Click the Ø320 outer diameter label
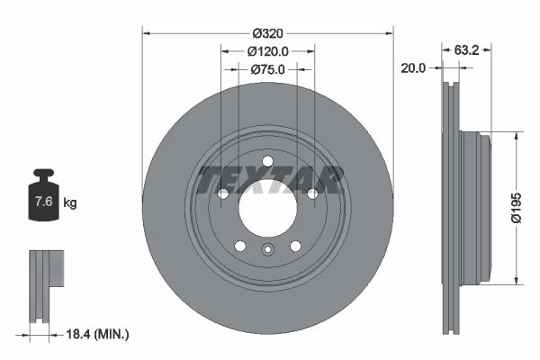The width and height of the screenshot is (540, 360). coord(267,33)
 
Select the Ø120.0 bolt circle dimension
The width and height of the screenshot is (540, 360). coord(268,51)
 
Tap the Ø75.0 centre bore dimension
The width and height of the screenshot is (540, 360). coord(268,69)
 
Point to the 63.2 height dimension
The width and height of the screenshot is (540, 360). coord(466,50)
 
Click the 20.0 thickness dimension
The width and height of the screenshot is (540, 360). coord(413,68)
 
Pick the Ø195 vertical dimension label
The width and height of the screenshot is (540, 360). coord(517,208)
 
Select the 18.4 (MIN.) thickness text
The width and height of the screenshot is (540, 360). coord(97,334)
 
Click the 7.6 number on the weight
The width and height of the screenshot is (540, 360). coord(44,201)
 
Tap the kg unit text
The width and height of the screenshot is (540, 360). coord(70,202)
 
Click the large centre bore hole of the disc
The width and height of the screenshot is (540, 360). coord(267,208)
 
